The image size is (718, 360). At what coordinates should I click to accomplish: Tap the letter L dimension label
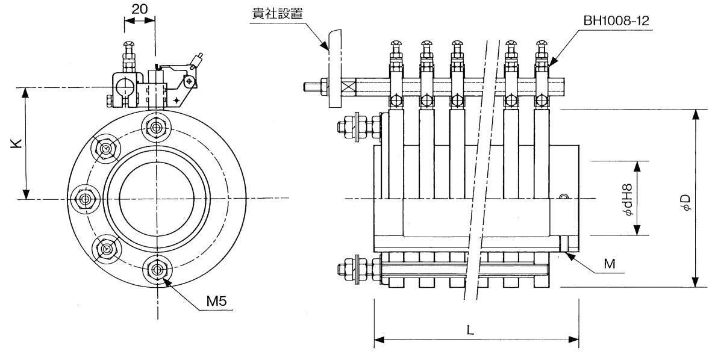[x=470, y=329]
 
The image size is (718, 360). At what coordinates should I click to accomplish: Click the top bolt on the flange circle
[x=157, y=127]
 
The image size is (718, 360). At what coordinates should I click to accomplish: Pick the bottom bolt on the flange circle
[x=157, y=268]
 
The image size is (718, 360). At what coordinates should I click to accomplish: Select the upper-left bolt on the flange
[x=106, y=149]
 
